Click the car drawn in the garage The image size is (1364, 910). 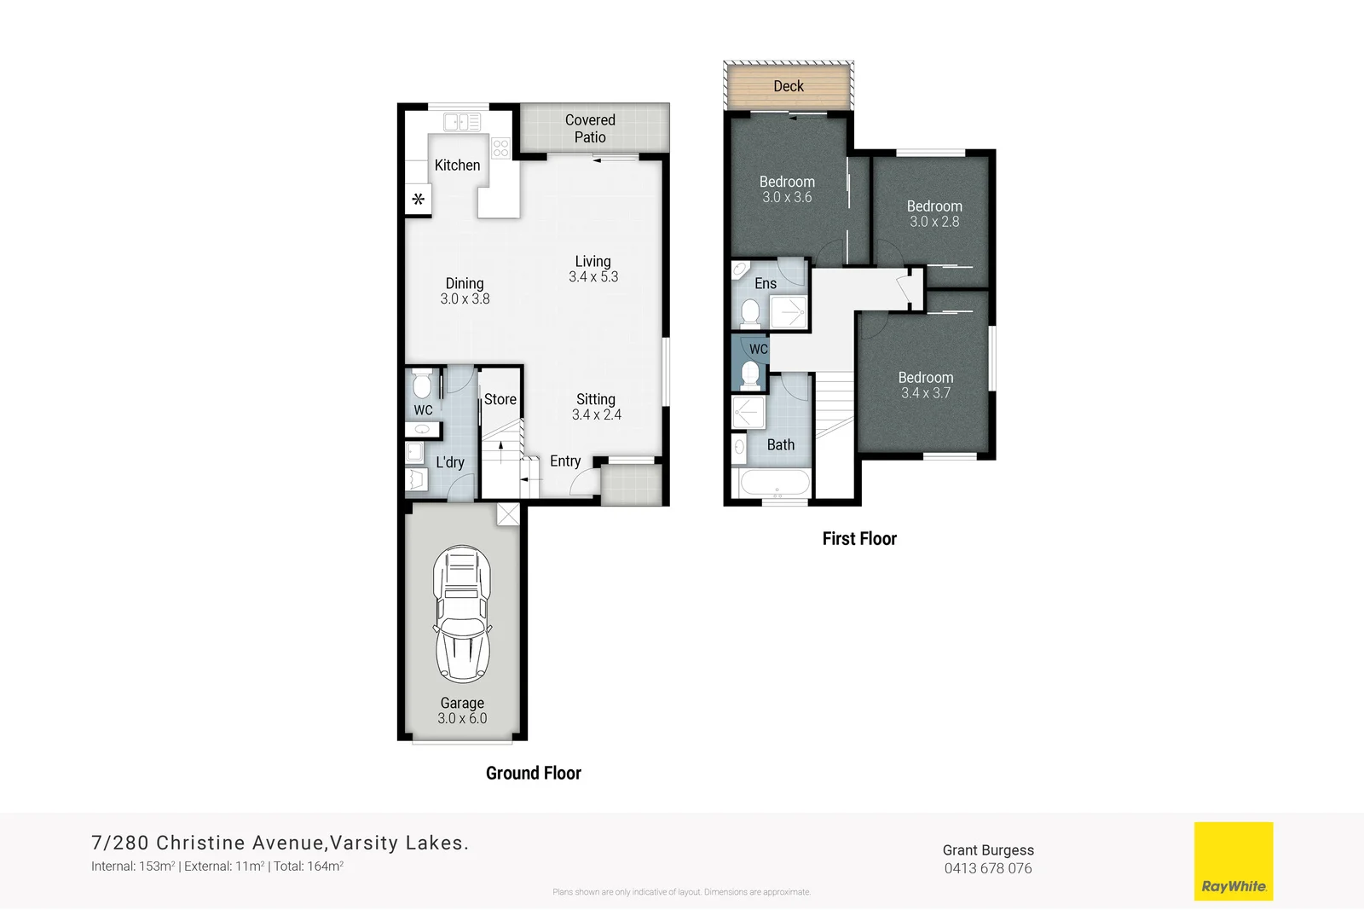point(462,614)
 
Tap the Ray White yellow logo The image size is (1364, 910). point(1233,861)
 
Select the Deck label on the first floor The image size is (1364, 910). point(789,86)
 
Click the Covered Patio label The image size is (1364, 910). point(590,129)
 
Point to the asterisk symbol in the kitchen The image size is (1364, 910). point(418,200)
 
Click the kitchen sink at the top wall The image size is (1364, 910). point(461,123)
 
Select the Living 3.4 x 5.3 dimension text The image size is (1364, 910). point(593,277)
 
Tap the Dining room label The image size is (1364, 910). point(465,283)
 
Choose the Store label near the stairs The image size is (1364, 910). point(500,399)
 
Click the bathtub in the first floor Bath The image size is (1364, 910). point(775,484)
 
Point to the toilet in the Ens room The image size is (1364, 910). point(750,313)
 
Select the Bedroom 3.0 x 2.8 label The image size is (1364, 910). point(934,214)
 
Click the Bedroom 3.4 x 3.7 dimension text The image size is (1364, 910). point(925,393)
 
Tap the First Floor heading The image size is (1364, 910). point(859,539)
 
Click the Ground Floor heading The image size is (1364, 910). point(534,774)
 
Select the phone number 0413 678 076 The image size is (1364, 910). point(988,868)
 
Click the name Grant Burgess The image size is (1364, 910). point(988,850)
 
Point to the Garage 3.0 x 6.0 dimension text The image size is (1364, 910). point(462,719)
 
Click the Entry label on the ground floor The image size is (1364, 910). point(565,461)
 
